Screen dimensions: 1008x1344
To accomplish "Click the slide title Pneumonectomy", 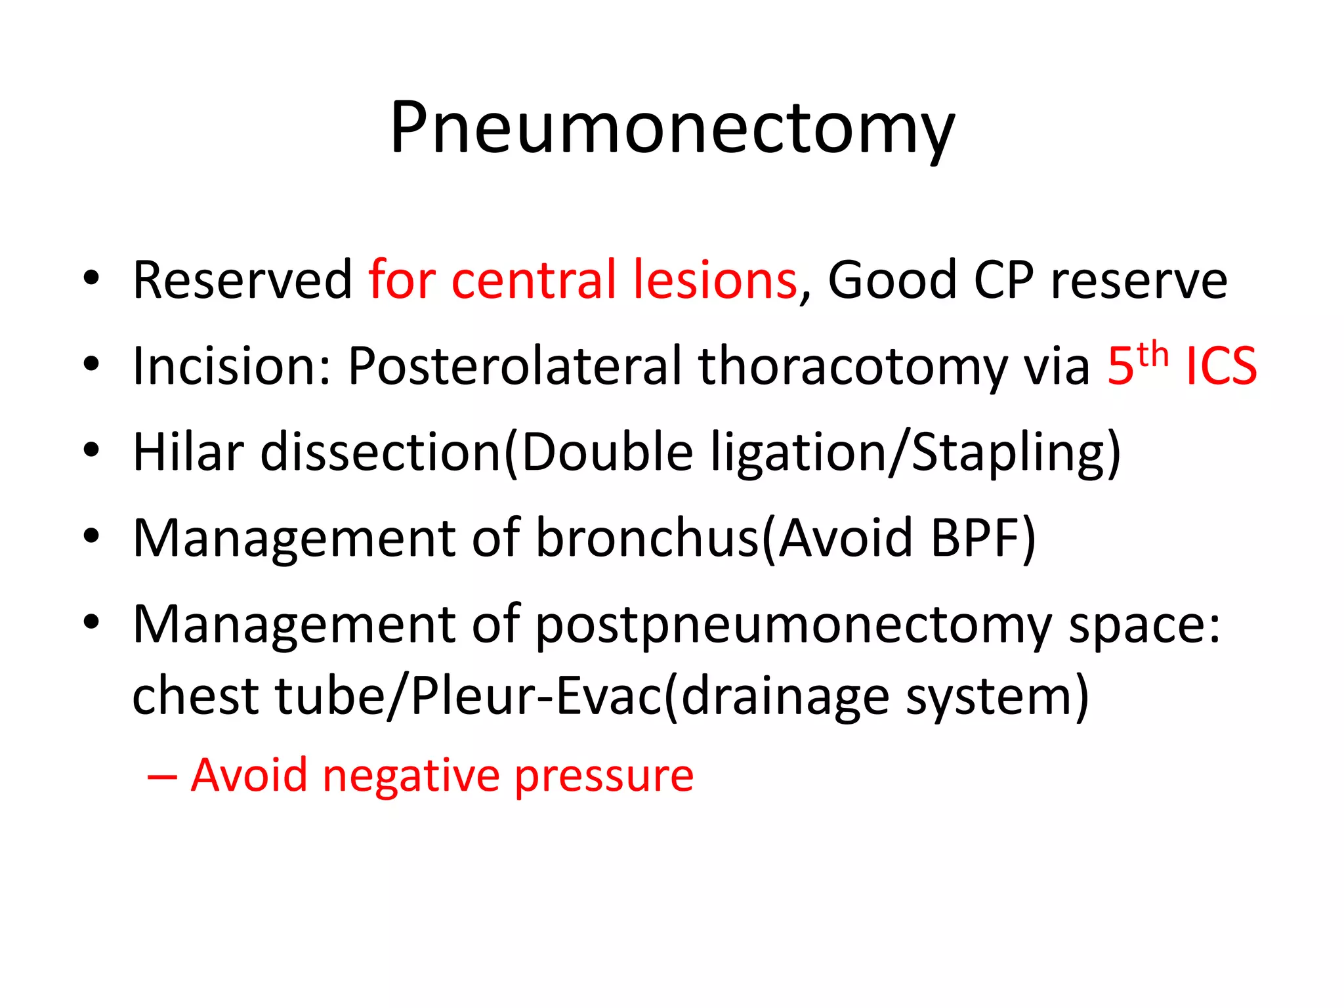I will tap(672, 128).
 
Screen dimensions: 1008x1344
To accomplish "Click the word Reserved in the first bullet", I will tap(242, 280).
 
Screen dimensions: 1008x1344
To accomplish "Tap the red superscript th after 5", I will tap(1153, 354).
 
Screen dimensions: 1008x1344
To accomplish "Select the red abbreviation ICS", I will tap(1221, 366).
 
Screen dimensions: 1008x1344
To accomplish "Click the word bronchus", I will tap(647, 538).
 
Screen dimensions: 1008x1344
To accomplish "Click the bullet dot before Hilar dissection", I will tap(91, 450).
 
